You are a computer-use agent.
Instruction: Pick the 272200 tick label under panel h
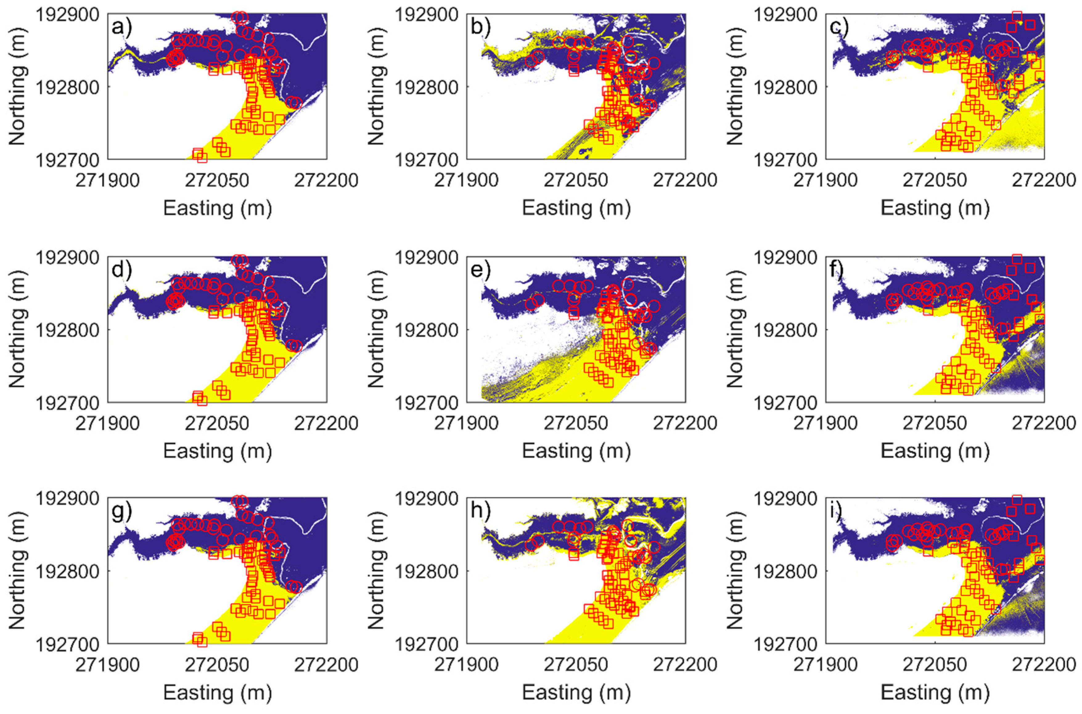(x=685, y=665)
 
